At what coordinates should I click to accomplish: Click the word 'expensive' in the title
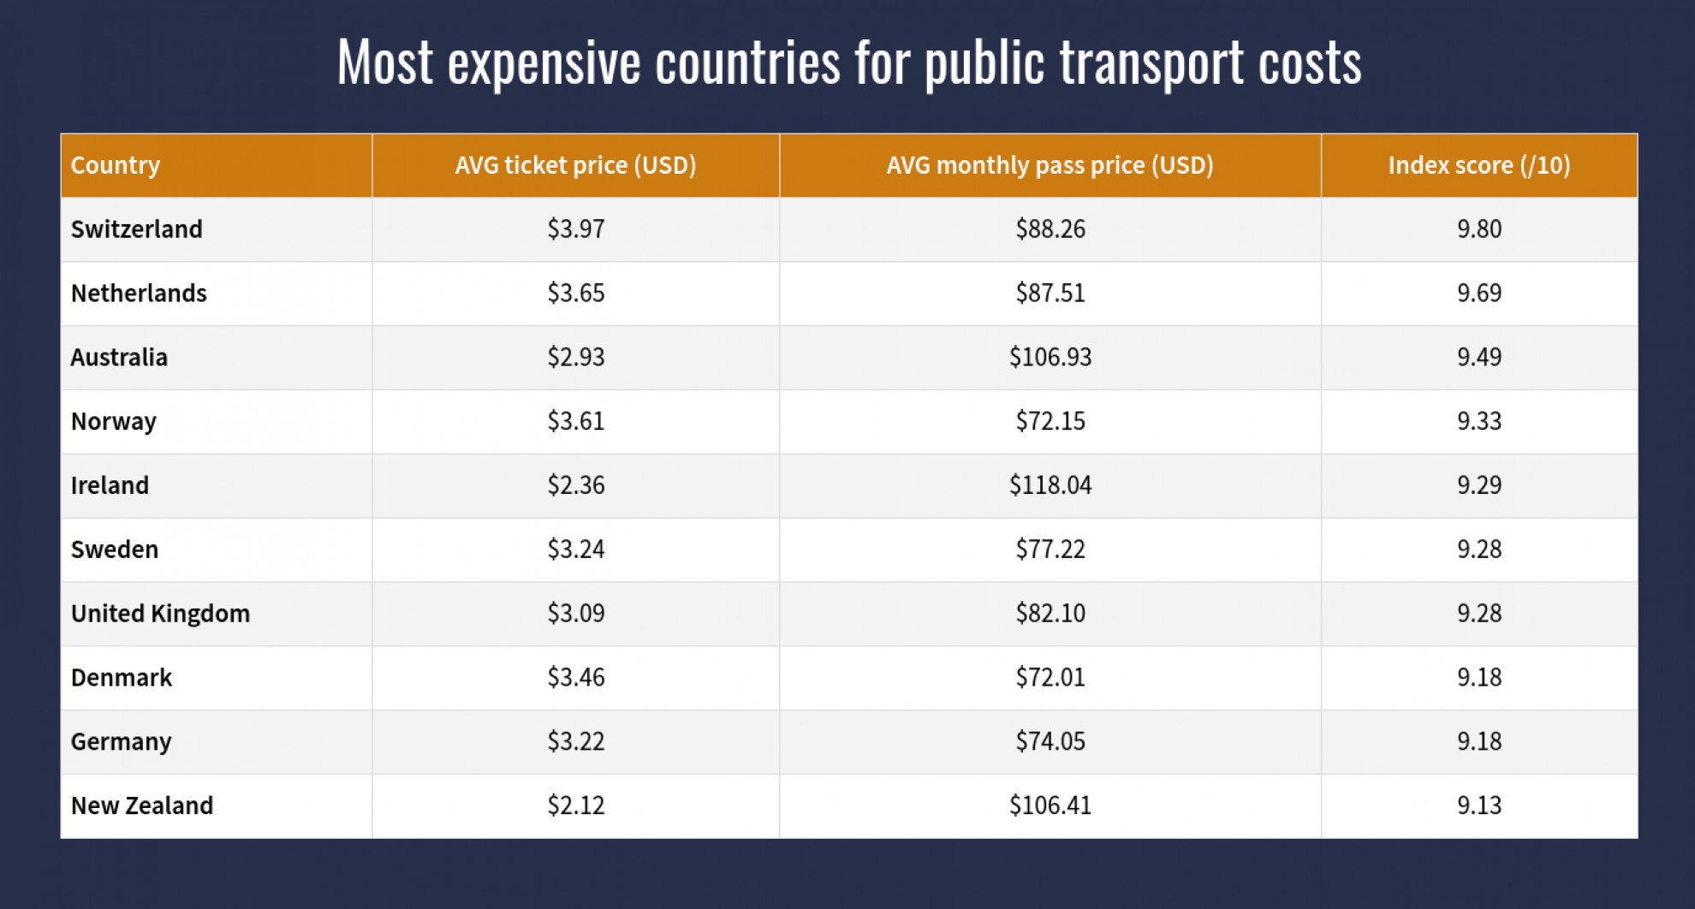pos(544,63)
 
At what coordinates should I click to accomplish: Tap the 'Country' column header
pos(116,165)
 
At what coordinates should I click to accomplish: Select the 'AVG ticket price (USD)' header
pos(575,165)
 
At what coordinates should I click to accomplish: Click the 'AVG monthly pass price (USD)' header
pos(1050,165)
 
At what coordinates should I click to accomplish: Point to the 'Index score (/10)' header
pos(1478,165)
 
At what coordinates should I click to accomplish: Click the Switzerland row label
pos(137,229)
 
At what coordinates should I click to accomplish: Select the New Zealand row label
pos(142,805)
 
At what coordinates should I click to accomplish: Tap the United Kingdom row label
pos(160,614)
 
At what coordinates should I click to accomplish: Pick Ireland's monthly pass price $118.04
pos(1050,485)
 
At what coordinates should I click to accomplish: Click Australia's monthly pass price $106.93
pos(1050,357)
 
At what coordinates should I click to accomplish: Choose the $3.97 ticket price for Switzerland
pos(576,229)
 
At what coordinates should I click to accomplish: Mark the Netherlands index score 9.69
pos(1479,293)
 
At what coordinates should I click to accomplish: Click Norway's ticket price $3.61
pos(576,421)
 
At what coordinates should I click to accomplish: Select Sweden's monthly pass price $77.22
pos(1050,550)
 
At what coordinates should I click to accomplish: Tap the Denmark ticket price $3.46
pos(576,677)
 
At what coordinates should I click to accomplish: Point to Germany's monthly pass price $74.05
pos(1050,741)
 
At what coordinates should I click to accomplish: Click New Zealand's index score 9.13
pos(1479,805)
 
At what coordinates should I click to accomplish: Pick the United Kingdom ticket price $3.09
pos(576,614)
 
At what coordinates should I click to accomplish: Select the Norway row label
pos(114,421)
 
